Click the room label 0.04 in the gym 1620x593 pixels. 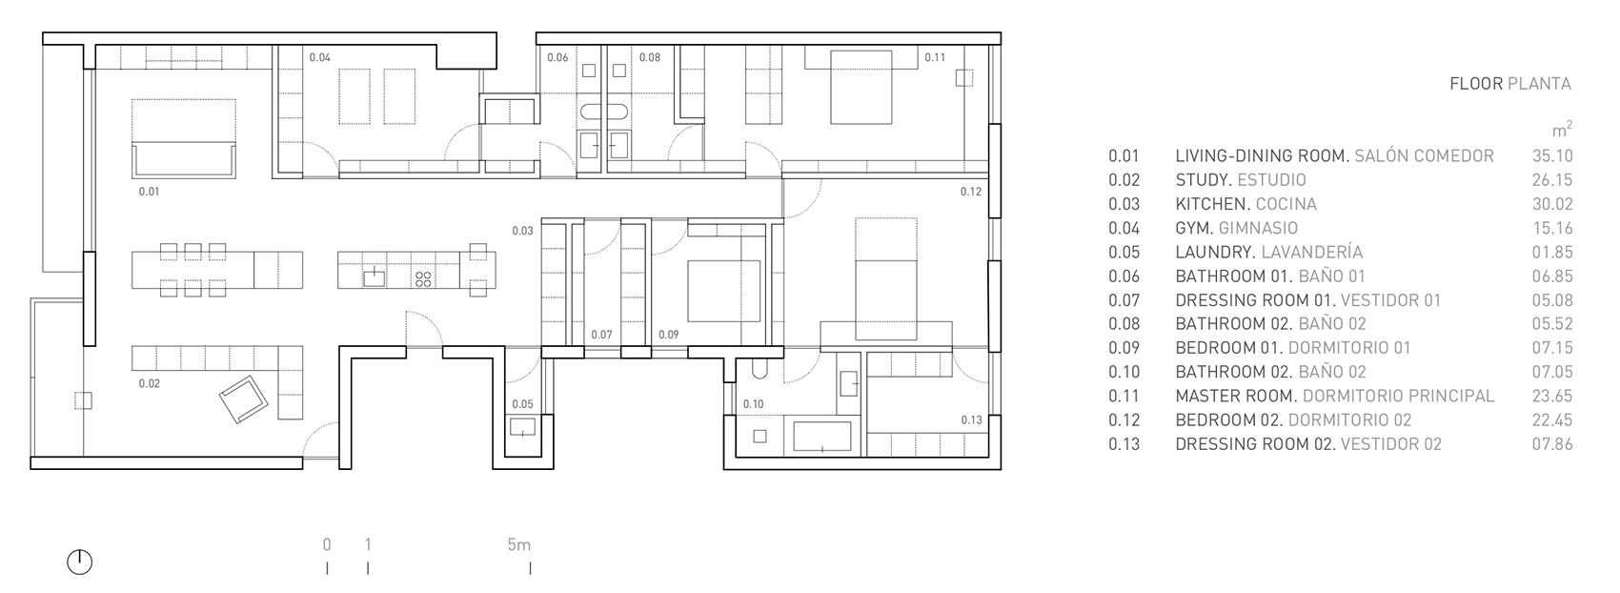(319, 57)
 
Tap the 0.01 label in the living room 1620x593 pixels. (149, 192)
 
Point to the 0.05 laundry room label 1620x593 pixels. (522, 404)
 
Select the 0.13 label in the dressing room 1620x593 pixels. (971, 419)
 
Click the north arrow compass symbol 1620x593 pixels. (79, 562)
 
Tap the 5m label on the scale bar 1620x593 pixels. (518, 544)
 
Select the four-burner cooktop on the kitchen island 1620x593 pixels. (423, 279)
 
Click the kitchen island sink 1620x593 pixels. (374, 277)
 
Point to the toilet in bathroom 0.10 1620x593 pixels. (759, 370)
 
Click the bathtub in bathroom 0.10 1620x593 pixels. (822, 437)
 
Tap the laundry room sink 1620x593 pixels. (523, 427)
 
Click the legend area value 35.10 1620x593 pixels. (1552, 155)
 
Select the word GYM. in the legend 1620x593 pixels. (1194, 228)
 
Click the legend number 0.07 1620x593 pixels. (1124, 300)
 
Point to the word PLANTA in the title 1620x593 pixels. (1540, 84)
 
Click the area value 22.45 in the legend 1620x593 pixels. (1552, 420)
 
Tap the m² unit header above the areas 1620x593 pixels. (1562, 130)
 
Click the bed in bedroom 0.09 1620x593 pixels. (723, 291)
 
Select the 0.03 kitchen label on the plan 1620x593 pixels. (522, 231)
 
